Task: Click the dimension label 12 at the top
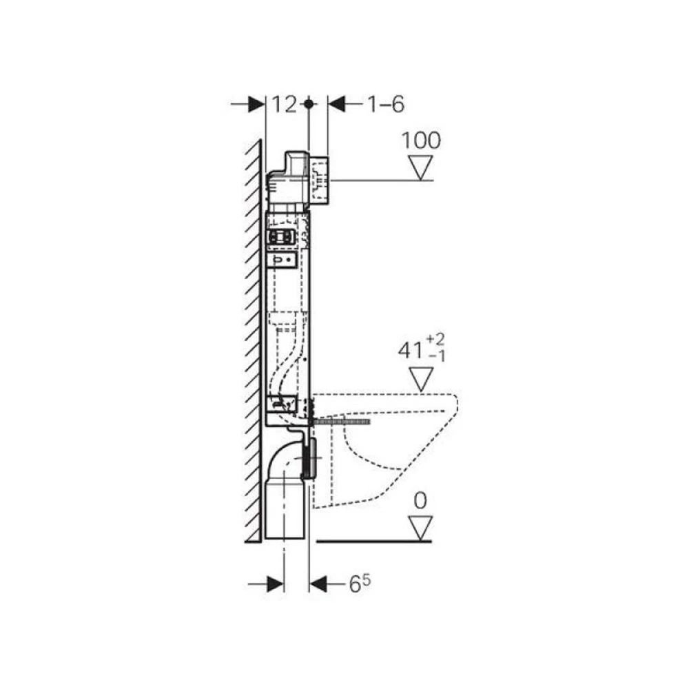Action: click(x=285, y=105)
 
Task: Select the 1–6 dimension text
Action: click(x=385, y=105)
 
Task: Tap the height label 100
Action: click(x=421, y=141)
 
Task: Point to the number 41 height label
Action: click(x=410, y=351)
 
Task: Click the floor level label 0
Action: click(x=420, y=500)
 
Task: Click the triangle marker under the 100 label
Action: click(x=420, y=167)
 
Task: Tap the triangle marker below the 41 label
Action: click(x=421, y=379)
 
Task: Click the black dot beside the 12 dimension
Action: click(x=309, y=104)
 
